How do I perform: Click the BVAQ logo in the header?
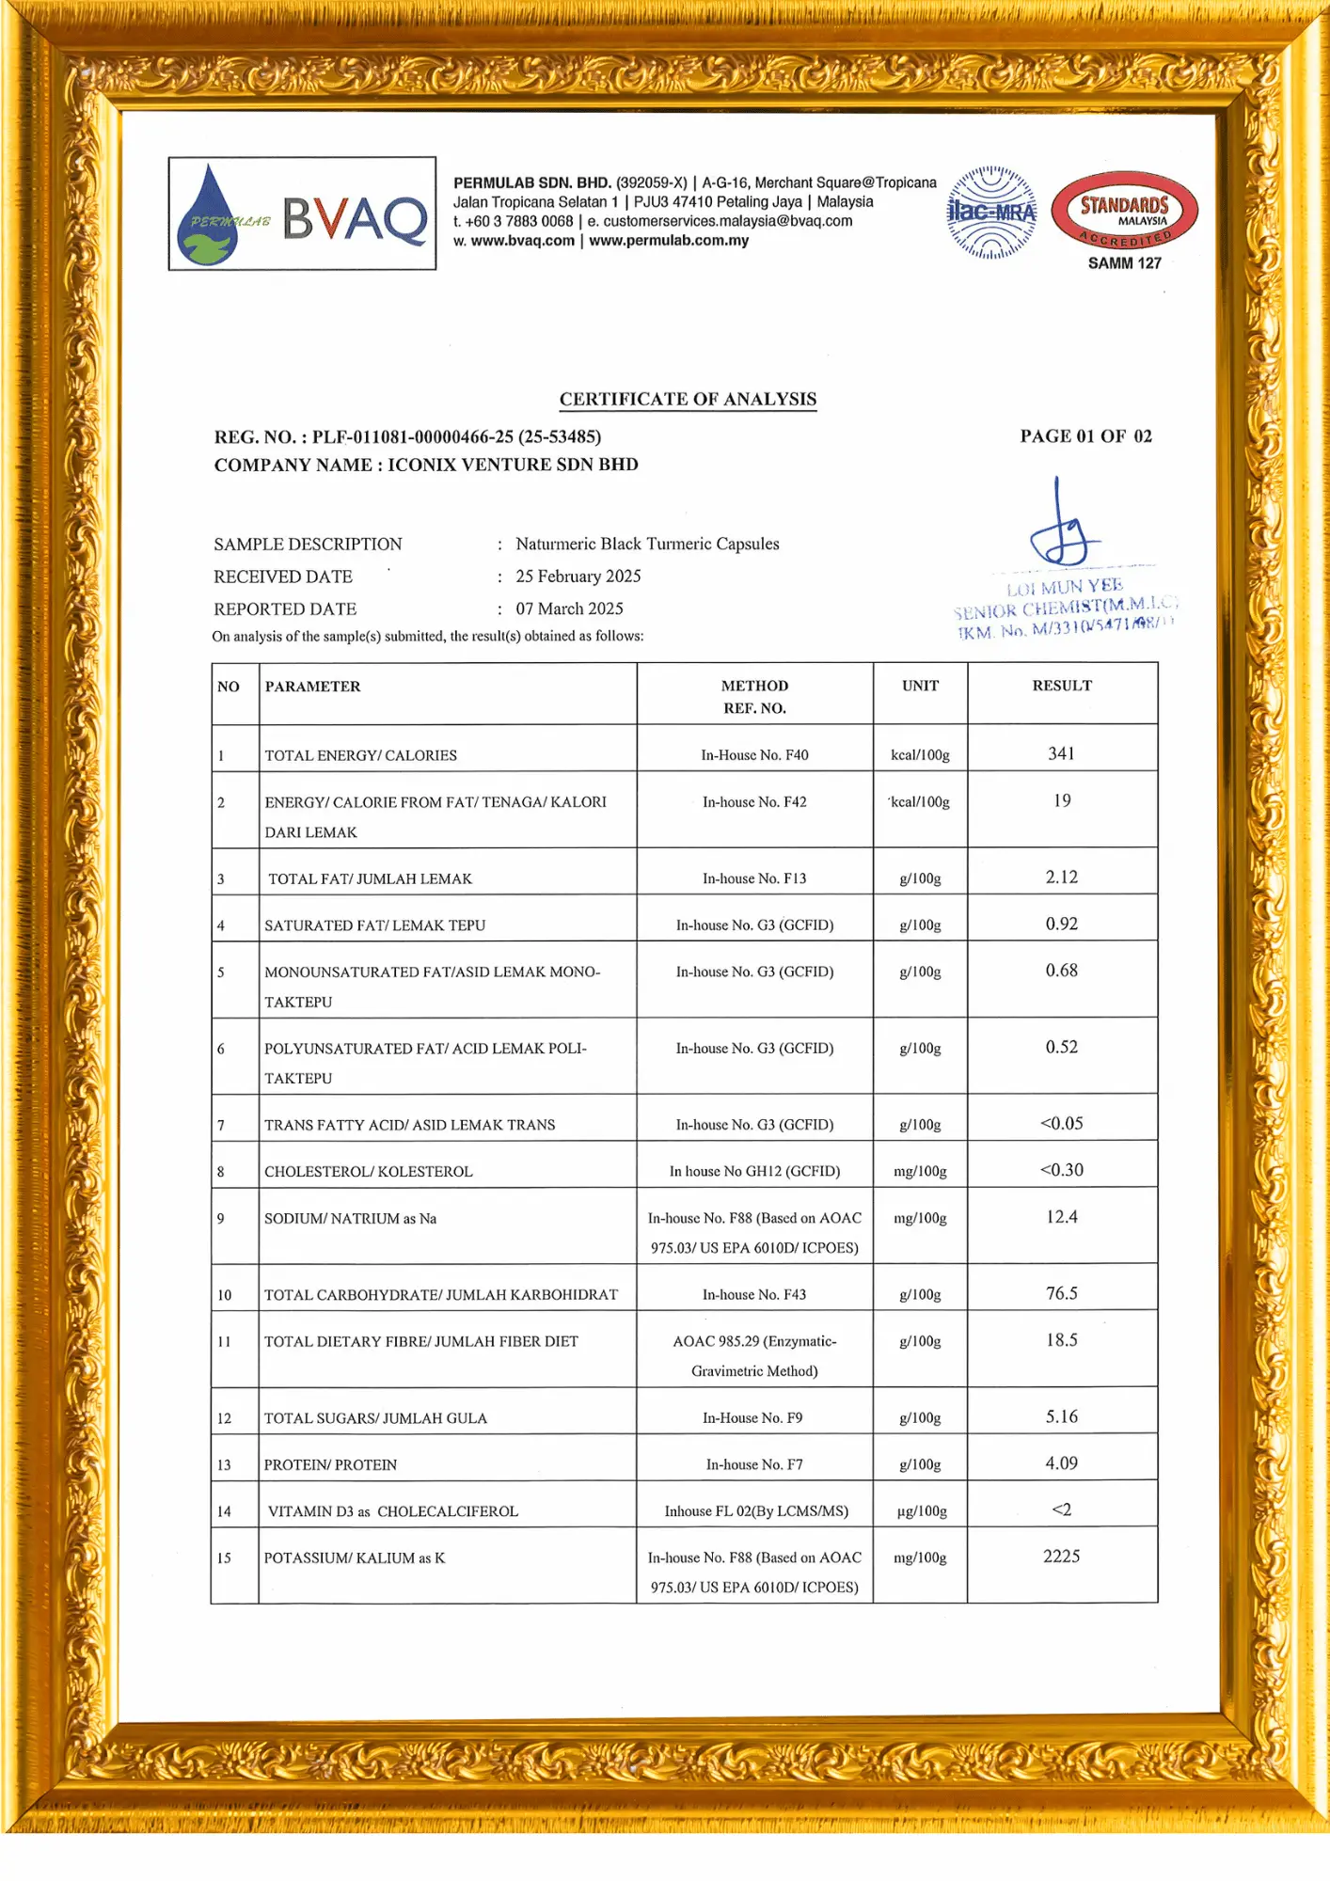tap(302, 214)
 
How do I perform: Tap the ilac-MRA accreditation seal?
tap(991, 213)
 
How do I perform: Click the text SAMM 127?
tap(1124, 263)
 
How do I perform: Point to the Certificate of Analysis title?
tap(688, 399)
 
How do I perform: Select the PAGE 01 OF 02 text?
tap(1085, 436)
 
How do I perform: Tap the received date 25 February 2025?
tap(578, 577)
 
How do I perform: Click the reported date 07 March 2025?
tap(569, 609)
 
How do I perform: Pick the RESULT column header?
tap(1062, 686)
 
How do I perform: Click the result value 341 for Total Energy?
tap(1061, 753)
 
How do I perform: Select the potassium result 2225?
tap(1061, 1557)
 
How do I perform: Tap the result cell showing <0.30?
tap(1061, 1170)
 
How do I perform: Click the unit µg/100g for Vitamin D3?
tap(920, 1511)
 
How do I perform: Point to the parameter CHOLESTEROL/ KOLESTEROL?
tap(368, 1172)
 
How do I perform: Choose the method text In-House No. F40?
tap(754, 755)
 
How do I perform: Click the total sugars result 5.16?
tap(1061, 1416)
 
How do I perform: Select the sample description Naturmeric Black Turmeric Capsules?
tap(647, 544)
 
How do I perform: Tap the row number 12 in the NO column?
tap(224, 1418)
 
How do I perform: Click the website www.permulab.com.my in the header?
tap(669, 241)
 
